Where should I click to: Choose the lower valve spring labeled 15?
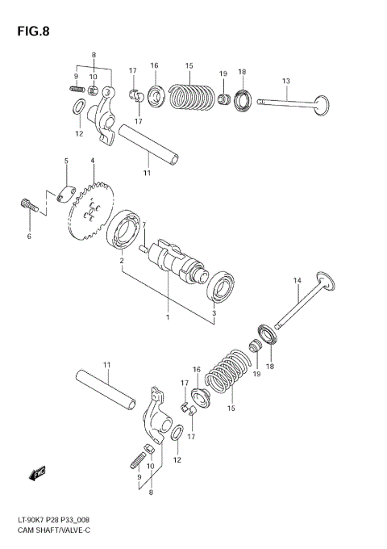click(x=227, y=374)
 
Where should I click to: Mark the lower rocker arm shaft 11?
click(x=106, y=389)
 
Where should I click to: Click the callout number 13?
click(x=285, y=81)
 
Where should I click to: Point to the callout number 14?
click(x=297, y=280)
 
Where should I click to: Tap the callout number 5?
click(x=67, y=161)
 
